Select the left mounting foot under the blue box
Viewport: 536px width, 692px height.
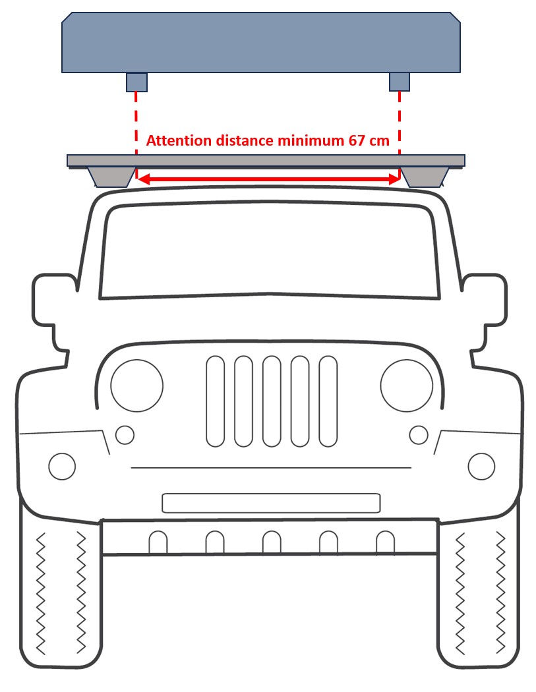pos(136,82)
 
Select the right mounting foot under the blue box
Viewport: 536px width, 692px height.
pos(400,82)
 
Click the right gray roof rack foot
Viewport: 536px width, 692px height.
pos(426,177)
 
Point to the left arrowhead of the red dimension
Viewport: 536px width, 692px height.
pos(141,179)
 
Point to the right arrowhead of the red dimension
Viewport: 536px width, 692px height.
pos(395,179)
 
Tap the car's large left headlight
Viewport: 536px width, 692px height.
pos(136,386)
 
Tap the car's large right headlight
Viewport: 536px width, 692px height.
pos(407,386)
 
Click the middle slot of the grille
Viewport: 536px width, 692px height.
pos(272,401)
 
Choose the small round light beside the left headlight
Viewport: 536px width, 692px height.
pos(125,435)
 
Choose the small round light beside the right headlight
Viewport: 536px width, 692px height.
pos(419,435)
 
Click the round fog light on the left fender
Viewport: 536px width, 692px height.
pos(62,467)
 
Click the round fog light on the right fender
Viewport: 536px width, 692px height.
pos(481,467)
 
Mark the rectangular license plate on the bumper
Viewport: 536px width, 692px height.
pos(271,503)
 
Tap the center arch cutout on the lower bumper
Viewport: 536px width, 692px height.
pos(271,542)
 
